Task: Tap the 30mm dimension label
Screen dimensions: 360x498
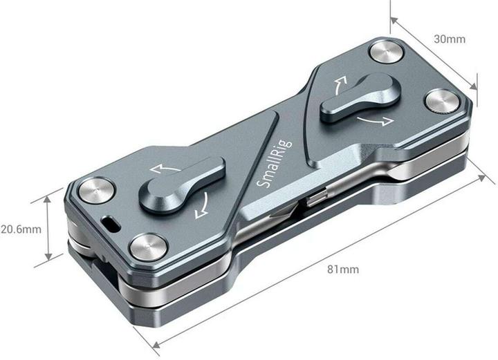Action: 450,39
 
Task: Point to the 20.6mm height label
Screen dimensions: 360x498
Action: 21,227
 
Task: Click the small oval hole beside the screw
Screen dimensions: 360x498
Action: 111,224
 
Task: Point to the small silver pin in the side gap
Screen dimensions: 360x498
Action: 315,198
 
